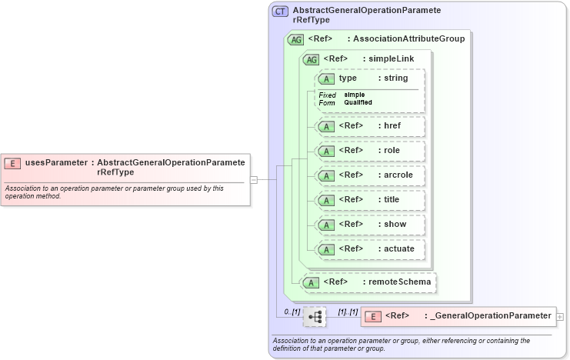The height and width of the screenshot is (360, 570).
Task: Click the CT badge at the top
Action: tap(281, 12)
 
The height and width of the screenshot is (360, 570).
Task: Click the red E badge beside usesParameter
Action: tap(12, 162)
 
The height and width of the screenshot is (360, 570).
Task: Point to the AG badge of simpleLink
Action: tap(312, 59)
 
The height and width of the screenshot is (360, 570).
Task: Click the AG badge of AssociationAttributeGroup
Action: tap(295, 39)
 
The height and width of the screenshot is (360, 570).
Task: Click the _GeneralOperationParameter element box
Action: tap(458, 315)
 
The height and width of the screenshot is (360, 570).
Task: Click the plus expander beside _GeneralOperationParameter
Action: tap(560, 316)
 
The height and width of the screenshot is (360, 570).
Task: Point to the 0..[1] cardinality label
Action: tap(292, 312)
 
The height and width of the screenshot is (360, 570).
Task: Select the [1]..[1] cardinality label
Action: tap(348, 312)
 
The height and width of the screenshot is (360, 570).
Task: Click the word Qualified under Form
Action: tap(358, 102)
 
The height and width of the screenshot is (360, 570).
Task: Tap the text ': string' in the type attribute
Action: tap(392, 78)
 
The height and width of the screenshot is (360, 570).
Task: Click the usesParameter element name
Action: tap(55, 162)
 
